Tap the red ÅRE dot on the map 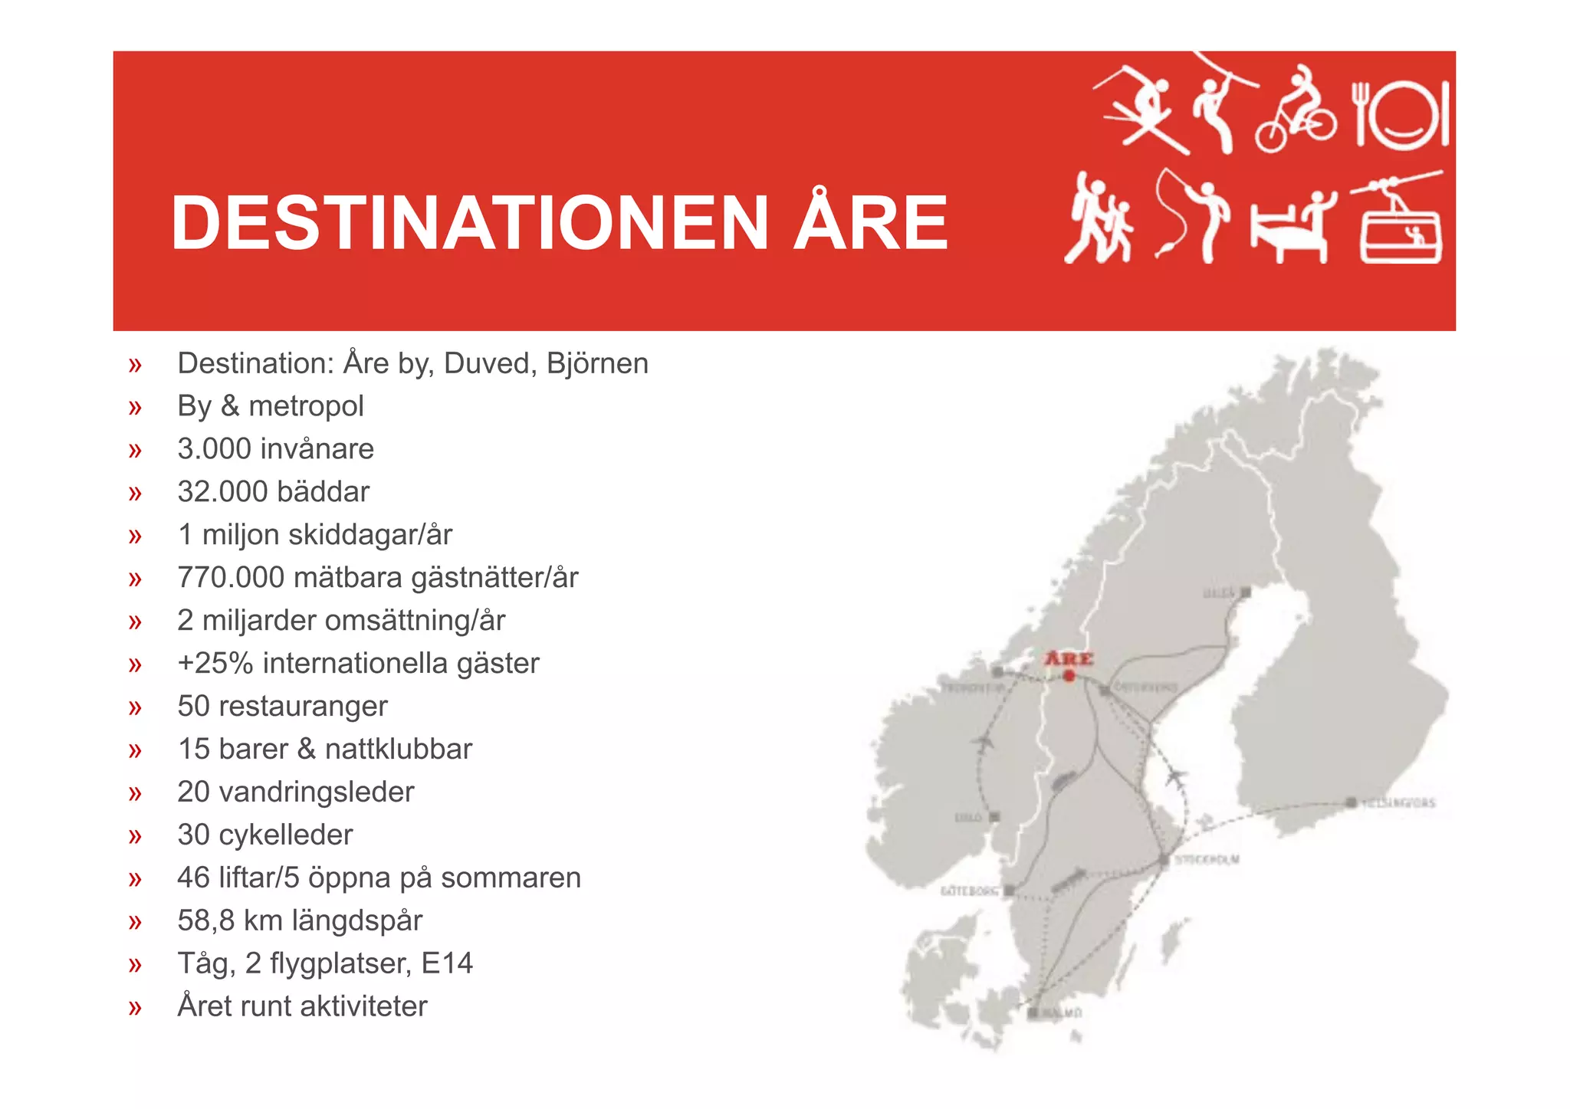coord(1069,675)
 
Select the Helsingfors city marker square coord(1350,802)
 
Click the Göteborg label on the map coord(970,891)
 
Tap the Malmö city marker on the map coord(1033,1013)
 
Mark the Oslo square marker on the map coord(994,817)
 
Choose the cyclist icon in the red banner coord(1296,111)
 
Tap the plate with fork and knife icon coord(1401,115)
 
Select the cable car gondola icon coord(1400,222)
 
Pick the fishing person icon coord(1192,218)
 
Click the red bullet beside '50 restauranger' coord(136,707)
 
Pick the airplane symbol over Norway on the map coord(982,742)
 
